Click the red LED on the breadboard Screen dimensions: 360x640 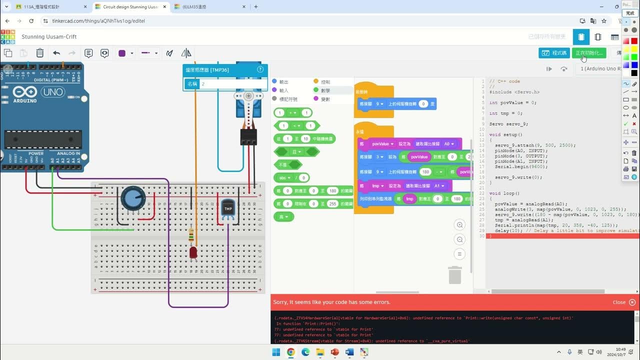[x=193, y=252]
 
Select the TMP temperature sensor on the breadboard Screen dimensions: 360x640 [x=228, y=209]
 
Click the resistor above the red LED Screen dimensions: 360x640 [x=191, y=235]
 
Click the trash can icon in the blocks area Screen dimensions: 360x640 [x=454, y=275]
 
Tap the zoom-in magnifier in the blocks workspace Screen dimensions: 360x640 [x=460, y=225]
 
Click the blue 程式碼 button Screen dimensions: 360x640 [x=554, y=52]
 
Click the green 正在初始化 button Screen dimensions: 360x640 [x=589, y=52]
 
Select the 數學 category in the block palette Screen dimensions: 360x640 [x=325, y=90]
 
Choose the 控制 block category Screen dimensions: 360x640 [x=325, y=81]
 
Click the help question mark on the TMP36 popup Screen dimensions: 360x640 [x=260, y=69]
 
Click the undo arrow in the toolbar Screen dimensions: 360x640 [x=56, y=53]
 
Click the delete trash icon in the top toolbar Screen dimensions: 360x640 [x=40, y=53]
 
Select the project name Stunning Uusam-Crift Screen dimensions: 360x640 [x=49, y=37]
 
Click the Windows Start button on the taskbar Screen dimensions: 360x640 [x=276, y=352]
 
